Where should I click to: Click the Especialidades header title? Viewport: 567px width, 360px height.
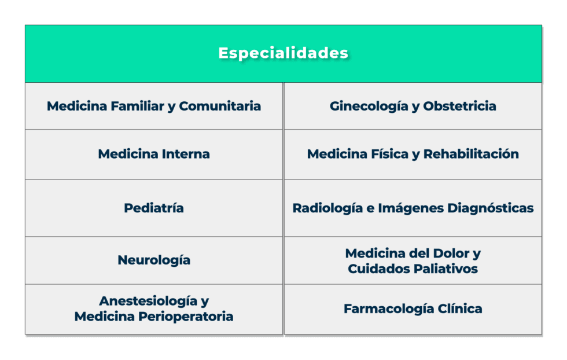[x=283, y=53]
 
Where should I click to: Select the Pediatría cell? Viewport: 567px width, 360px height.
[x=154, y=208]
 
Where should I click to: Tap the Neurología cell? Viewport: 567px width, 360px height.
[x=154, y=260]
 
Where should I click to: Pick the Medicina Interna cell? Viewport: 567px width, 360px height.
[x=154, y=154]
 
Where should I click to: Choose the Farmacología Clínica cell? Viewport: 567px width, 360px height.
[x=413, y=308]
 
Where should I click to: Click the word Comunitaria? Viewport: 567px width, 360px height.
[x=220, y=106]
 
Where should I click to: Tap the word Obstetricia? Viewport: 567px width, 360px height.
[x=459, y=106]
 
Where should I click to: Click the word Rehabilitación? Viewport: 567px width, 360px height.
[x=471, y=154]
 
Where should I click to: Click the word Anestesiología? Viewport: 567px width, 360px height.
[x=147, y=302]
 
